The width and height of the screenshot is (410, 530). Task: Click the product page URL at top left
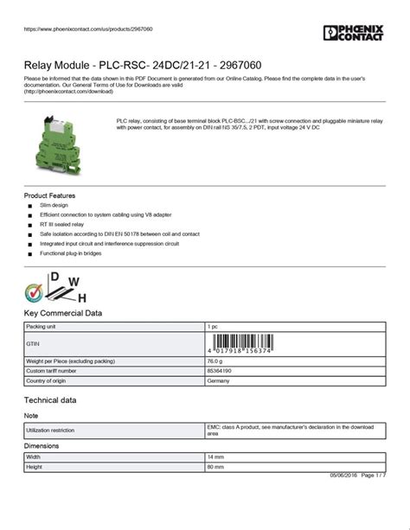click(x=73, y=29)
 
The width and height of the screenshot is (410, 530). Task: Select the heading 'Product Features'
click(x=49, y=196)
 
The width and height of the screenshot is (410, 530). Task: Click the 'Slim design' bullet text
click(x=54, y=206)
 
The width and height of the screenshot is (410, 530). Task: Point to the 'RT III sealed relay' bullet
click(x=60, y=222)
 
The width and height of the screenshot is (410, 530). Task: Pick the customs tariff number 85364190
click(x=219, y=370)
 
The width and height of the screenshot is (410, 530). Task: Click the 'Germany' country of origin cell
click(x=218, y=380)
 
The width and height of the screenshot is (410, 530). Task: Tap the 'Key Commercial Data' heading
click(x=63, y=313)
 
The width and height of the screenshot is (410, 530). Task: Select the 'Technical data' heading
click(x=50, y=400)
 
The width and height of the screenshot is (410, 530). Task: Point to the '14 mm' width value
click(x=215, y=457)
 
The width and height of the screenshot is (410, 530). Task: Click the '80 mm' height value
click(x=215, y=467)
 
